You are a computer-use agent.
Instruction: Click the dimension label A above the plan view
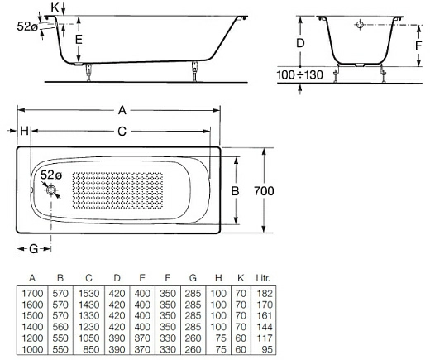(122, 109)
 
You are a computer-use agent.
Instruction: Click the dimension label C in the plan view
(122, 131)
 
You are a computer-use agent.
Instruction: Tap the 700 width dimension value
(263, 191)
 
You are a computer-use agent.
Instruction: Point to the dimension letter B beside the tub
(234, 191)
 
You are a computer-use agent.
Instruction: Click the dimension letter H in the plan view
(24, 131)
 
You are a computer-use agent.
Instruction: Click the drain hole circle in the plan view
(53, 191)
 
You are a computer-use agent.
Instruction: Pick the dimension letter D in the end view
(301, 42)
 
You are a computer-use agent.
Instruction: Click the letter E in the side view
(78, 39)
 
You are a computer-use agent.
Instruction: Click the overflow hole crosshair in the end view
(360, 26)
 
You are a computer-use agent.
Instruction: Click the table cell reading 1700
(31, 293)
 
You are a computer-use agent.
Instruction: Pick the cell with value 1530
(88, 293)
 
